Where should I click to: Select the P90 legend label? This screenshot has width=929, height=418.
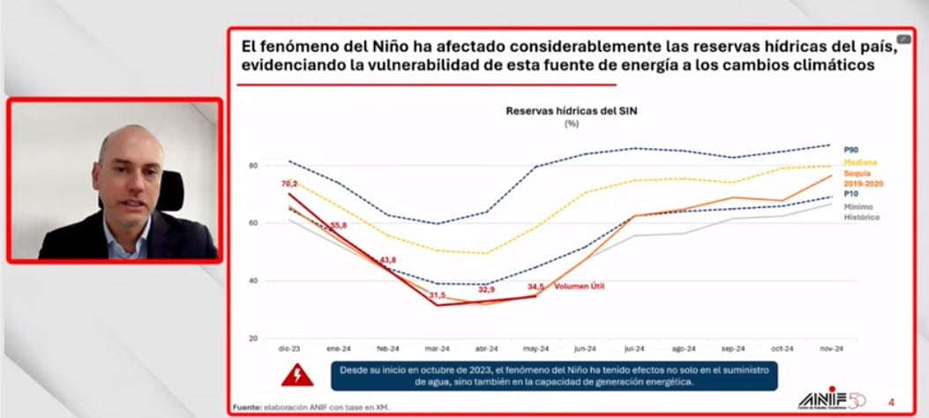point(852,150)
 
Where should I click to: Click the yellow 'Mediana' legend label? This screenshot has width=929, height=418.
point(861,162)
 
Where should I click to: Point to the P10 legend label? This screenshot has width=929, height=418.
point(852,192)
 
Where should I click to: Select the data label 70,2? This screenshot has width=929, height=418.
point(289,183)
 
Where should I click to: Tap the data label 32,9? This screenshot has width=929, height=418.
point(486,288)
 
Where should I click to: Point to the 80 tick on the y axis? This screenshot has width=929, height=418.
point(252,166)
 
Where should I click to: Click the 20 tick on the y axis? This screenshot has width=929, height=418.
point(252,339)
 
